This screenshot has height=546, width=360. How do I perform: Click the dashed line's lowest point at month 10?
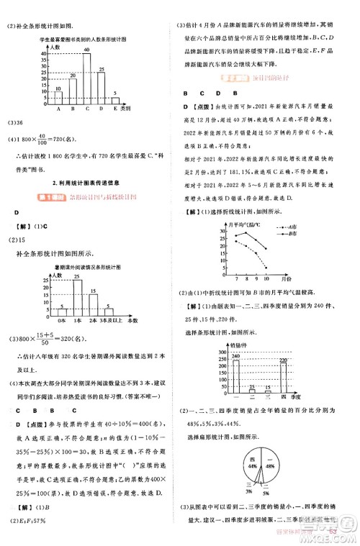coord(266,268)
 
